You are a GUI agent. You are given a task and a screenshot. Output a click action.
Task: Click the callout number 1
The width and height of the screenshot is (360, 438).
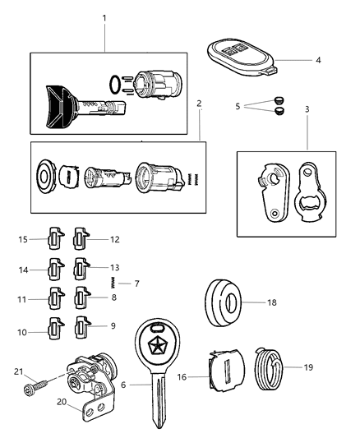(104, 17)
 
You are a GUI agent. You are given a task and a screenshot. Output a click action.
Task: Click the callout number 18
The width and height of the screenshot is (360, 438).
(272, 303)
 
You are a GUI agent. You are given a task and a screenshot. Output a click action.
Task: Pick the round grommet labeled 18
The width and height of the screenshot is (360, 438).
(222, 303)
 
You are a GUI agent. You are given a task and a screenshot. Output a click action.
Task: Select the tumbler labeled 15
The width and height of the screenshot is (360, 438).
(53, 240)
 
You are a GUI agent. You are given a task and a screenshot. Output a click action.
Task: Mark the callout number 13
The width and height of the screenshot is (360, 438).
(114, 267)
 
